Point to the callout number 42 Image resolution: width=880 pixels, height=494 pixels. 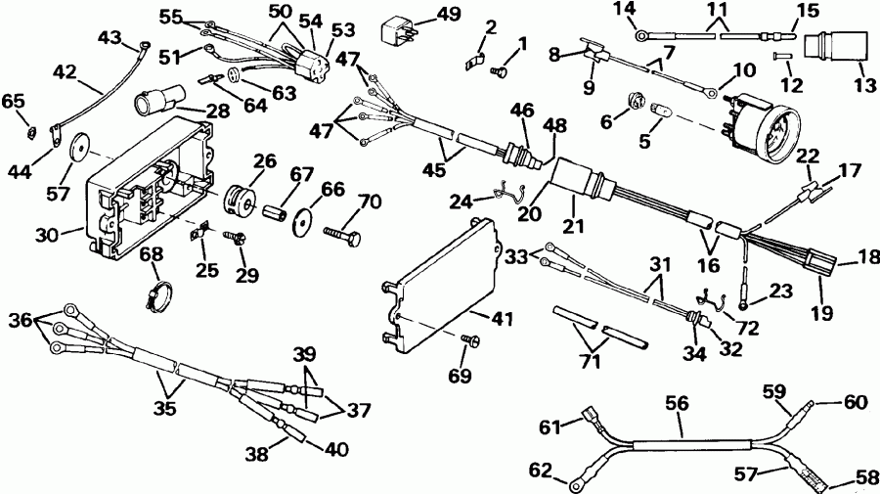pos(64,71)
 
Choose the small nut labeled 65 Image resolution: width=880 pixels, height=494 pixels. pos(31,131)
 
